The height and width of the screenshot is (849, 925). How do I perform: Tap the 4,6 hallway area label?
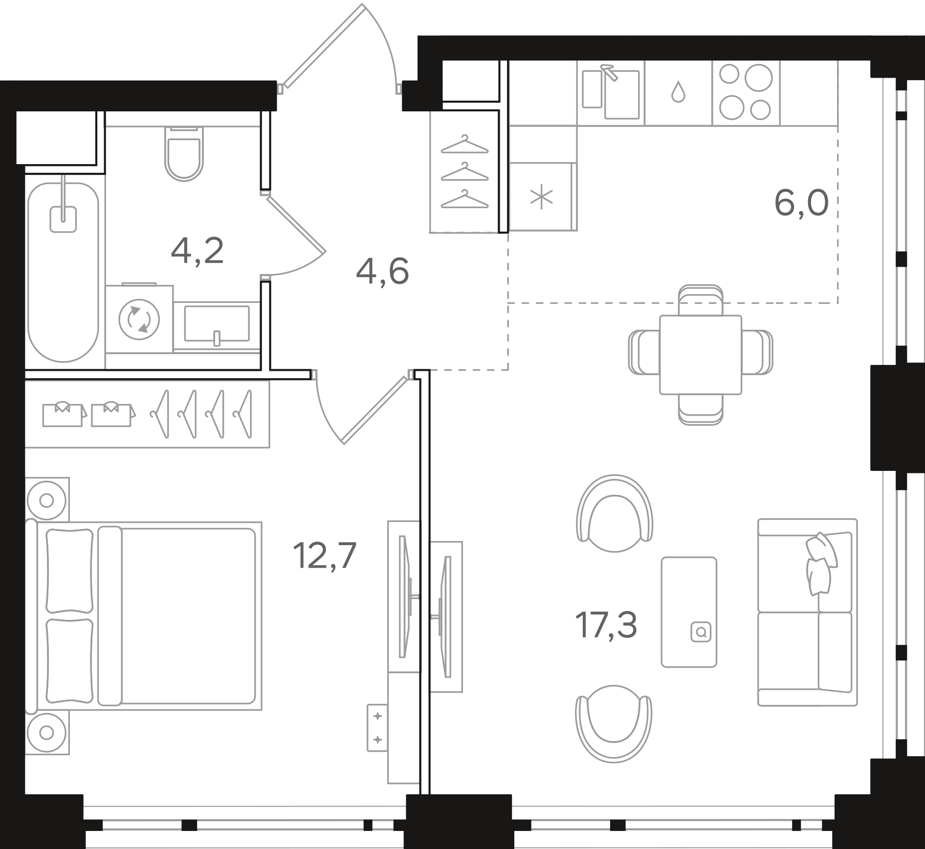click(382, 272)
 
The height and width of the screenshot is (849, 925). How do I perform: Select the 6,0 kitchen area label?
click(801, 204)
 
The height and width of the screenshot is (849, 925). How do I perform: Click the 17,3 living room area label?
click(606, 625)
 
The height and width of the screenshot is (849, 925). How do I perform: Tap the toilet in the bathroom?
click(184, 154)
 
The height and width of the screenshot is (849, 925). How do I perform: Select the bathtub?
click(64, 272)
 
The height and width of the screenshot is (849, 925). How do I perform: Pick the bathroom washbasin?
click(217, 324)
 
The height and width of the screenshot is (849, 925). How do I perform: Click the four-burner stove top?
click(746, 92)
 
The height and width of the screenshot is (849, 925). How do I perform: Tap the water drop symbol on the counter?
click(678, 92)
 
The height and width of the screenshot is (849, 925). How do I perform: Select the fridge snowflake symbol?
click(542, 198)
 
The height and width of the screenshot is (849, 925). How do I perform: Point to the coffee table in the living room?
click(689, 612)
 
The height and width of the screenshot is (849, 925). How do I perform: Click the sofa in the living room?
click(807, 612)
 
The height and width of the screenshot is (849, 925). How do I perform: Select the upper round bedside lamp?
click(46, 500)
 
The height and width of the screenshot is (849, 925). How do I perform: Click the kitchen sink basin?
click(622, 95)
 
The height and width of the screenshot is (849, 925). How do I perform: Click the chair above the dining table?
click(701, 300)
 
